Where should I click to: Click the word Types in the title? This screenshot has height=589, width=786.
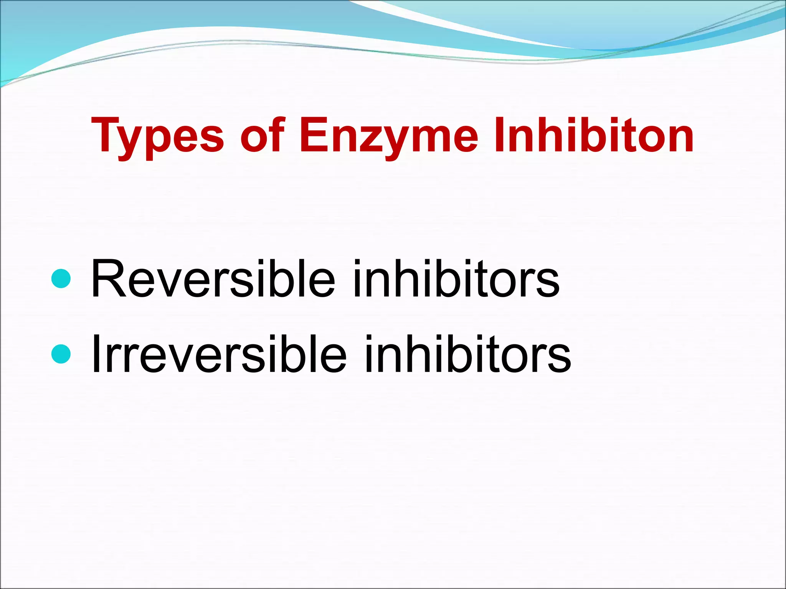click(x=157, y=136)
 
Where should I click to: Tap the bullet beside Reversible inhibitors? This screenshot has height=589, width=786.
click(x=61, y=278)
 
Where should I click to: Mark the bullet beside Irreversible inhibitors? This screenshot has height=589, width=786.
click(x=61, y=354)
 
